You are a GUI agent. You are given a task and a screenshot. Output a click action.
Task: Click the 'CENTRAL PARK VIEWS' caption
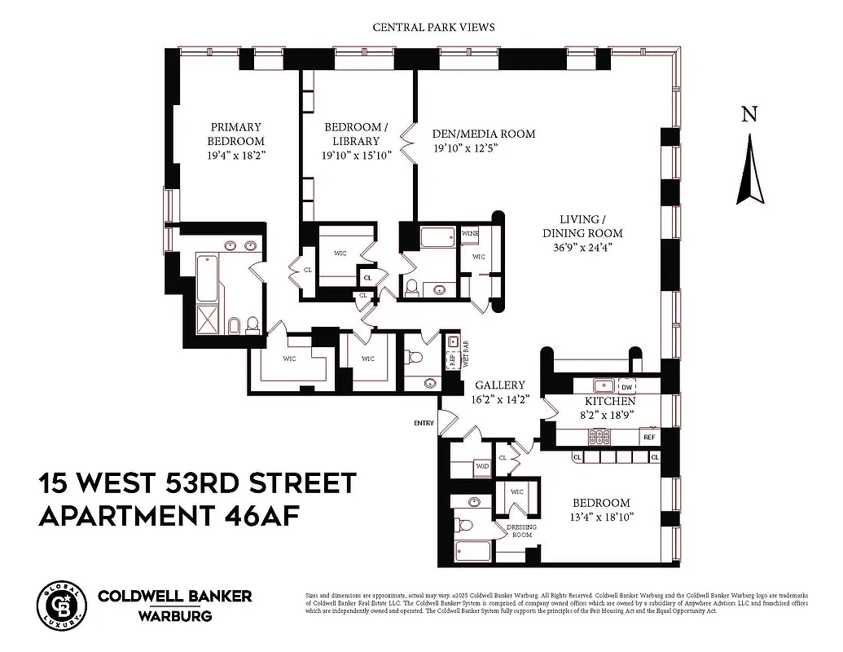click(433, 27)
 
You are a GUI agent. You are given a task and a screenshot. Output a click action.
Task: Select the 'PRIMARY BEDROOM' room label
click(236, 134)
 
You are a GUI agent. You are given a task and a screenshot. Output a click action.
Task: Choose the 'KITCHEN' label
click(610, 402)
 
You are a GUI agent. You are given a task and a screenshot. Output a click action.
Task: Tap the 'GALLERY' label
click(500, 385)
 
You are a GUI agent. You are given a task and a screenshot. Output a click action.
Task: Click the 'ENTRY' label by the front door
click(424, 422)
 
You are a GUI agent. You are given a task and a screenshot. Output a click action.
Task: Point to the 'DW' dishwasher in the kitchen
click(626, 387)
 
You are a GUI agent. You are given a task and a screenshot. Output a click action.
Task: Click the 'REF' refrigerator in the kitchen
click(649, 437)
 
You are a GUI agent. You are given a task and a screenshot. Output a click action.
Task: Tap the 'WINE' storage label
click(470, 234)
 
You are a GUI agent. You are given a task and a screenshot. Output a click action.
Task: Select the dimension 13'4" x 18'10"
click(601, 517)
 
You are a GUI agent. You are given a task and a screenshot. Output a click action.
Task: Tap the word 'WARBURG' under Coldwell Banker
click(174, 615)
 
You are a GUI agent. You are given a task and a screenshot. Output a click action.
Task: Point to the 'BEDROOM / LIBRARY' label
click(358, 140)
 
